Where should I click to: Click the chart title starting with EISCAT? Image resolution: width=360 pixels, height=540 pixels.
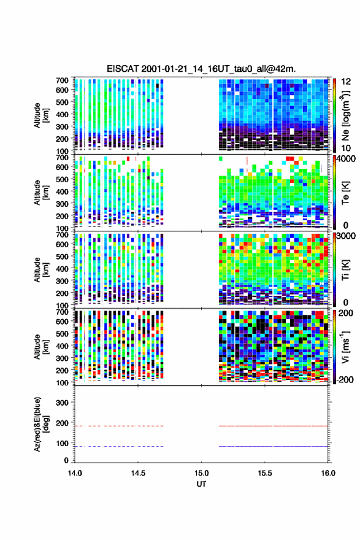point(201,69)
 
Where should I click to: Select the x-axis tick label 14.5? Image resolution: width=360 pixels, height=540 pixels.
point(138,473)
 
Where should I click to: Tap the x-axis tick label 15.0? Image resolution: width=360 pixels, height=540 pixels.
point(201,473)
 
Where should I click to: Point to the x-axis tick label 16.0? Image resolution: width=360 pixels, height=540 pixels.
point(328,473)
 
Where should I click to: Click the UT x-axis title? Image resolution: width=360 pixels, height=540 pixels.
point(201,484)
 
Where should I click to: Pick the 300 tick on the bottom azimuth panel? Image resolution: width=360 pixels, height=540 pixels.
point(62,403)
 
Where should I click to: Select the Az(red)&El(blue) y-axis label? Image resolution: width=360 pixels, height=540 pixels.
point(41,424)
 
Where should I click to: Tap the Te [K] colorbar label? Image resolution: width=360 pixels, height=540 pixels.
point(345,193)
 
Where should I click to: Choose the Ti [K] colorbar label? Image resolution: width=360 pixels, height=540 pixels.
point(345,270)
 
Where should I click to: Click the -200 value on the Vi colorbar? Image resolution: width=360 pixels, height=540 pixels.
point(344,379)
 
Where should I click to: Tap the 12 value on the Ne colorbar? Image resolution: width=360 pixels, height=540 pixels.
point(347,82)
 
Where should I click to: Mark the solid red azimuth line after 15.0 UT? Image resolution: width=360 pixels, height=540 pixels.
point(274,426)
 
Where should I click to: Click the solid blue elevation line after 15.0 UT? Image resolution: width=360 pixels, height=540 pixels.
point(274,446)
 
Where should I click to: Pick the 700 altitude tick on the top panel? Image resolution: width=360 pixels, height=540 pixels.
point(62,80)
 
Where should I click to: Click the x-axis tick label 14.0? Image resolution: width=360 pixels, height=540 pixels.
point(75,473)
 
